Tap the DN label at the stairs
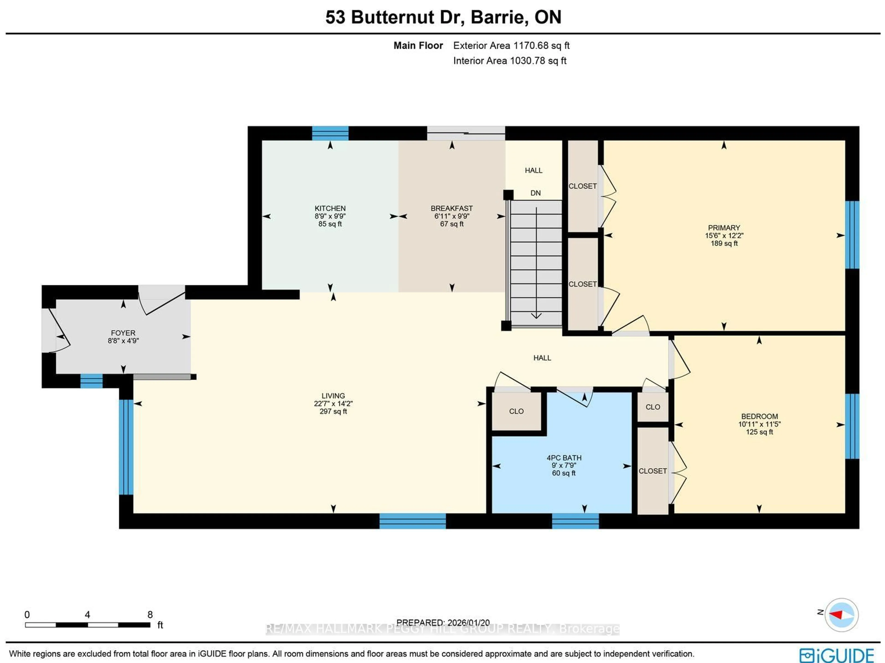(535, 193)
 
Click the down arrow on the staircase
(536, 315)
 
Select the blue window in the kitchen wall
(330, 133)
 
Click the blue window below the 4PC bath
(575, 521)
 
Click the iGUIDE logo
(836, 655)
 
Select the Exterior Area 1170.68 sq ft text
(511, 46)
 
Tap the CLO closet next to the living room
(516, 411)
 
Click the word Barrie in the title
(496, 17)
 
